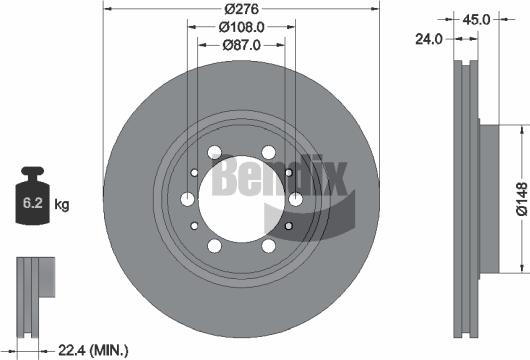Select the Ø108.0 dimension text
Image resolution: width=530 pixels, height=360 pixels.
tap(240, 28)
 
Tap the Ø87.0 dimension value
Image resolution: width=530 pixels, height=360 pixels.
tap(240, 45)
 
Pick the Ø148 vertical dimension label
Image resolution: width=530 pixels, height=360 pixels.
tap(520, 199)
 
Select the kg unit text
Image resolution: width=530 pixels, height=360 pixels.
tap(61, 205)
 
